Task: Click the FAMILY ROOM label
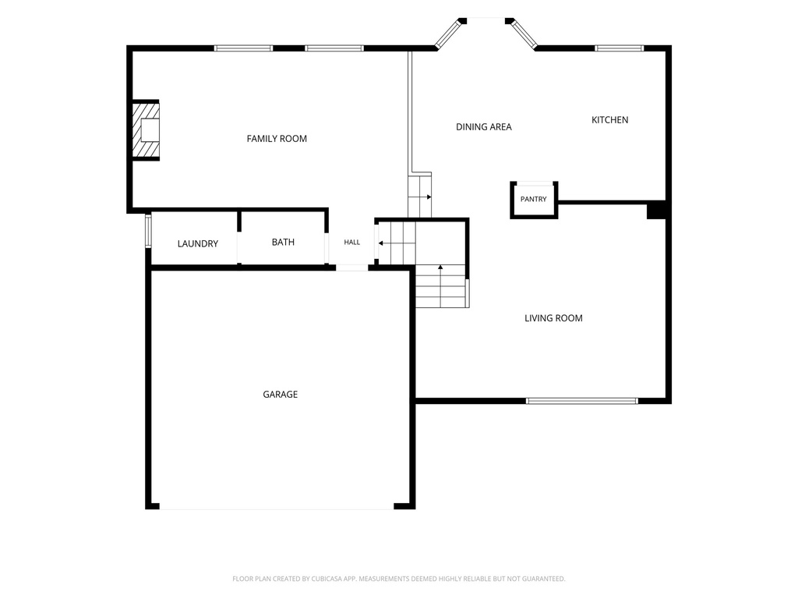(x=277, y=139)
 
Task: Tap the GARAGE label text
(x=281, y=394)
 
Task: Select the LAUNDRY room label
(x=198, y=244)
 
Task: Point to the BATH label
(x=283, y=242)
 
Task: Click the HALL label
(x=352, y=243)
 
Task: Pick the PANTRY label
(x=533, y=199)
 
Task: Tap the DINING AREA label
(x=484, y=127)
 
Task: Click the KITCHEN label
(x=609, y=119)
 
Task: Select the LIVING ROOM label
(x=554, y=318)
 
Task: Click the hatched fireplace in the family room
(x=146, y=130)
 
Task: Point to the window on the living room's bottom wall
(x=581, y=401)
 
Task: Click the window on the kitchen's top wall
(x=620, y=48)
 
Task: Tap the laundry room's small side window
(x=149, y=231)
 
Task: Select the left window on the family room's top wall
(x=243, y=48)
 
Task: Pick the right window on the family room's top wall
(x=334, y=48)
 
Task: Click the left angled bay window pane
(x=448, y=34)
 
